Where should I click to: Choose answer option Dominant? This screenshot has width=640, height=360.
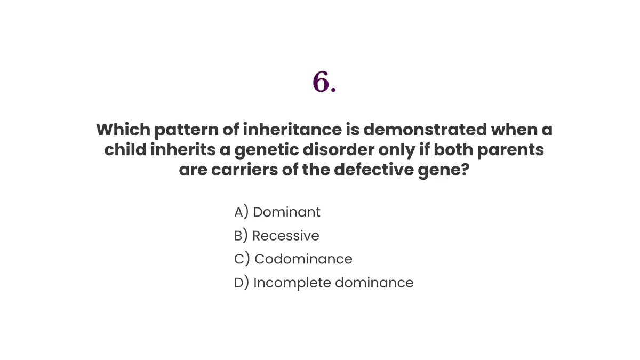coord(286,212)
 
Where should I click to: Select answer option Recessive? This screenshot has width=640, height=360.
coord(285,236)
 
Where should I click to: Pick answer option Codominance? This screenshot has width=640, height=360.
coord(303,259)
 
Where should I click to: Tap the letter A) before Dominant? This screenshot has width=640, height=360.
coord(242,212)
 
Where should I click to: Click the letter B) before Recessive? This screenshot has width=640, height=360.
coord(241,236)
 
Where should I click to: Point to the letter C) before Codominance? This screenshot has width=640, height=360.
coord(242,259)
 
